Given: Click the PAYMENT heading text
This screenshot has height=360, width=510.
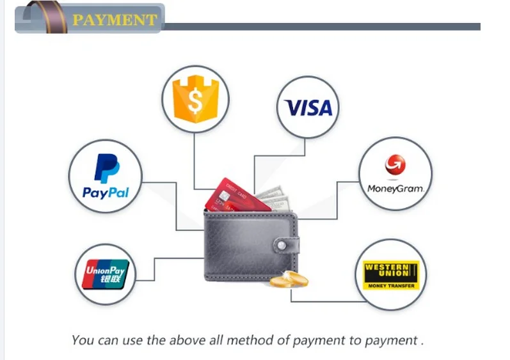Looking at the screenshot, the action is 114,20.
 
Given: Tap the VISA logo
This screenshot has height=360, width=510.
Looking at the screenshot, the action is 310,107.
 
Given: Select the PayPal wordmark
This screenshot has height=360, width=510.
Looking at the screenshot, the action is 106,192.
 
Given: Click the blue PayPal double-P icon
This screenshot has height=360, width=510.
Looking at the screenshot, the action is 106,169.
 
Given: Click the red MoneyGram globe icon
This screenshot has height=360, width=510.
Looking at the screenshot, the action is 395,166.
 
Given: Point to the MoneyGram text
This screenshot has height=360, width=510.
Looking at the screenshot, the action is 395,189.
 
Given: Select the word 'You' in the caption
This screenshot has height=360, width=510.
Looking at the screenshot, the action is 83,340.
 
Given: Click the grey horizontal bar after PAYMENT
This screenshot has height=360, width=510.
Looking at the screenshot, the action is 320,27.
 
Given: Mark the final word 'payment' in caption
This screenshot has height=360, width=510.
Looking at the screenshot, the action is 390,340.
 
